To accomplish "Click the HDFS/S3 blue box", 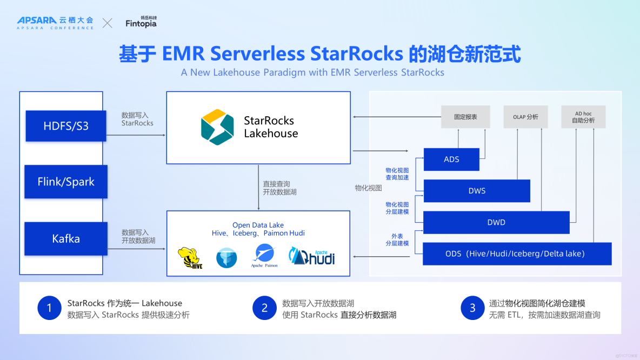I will click(66, 126).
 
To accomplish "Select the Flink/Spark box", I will click(66, 182).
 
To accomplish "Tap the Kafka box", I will click(66, 238).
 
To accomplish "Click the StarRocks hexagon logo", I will click(217, 127).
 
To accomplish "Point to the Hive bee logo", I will click(190, 258).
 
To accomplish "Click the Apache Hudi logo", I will click(312, 256).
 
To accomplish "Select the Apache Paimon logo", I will click(264, 255).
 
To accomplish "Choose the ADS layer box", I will click(451, 159).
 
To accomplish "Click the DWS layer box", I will click(477, 191).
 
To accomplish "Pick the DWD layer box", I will click(496, 222).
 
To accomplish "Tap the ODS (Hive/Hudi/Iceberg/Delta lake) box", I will click(517, 254).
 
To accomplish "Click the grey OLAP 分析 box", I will click(525, 117).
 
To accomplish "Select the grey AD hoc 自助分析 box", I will click(583, 117).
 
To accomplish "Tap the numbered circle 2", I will click(264, 308).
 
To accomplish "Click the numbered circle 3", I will click(472, 308).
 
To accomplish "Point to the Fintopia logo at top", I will click(141, 23).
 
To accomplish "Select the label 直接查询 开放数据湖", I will click(279, 188).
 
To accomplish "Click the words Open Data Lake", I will click(258, 225).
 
